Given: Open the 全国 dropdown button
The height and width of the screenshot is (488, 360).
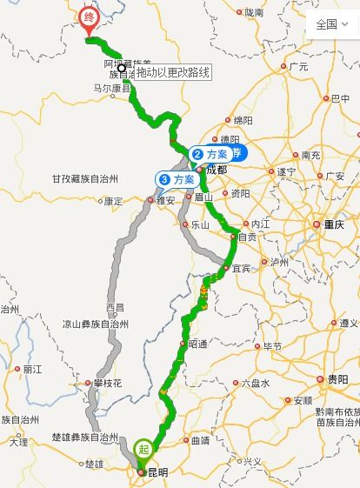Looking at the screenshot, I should [331, 23].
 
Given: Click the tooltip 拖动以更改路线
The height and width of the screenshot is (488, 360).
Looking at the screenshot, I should [173, 71].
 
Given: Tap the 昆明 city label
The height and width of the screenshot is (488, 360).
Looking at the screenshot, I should [157, 472].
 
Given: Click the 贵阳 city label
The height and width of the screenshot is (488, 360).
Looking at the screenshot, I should [337, 379].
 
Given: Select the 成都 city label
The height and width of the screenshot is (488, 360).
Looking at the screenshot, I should [217, 170].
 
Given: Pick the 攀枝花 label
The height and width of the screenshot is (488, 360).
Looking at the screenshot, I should [108, 383].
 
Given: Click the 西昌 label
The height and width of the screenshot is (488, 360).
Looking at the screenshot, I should [115, 308].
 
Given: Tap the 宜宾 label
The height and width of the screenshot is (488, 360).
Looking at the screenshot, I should [241, 268].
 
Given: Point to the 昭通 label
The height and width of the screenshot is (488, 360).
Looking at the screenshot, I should [198, 344].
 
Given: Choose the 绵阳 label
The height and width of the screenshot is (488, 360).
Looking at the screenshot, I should [243, 120].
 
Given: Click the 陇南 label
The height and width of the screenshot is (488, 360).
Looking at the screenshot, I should [253, 12].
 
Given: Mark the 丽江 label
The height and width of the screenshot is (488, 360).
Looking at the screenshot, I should [33, 369].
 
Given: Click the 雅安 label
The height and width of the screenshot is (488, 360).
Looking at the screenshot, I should [165, 200].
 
